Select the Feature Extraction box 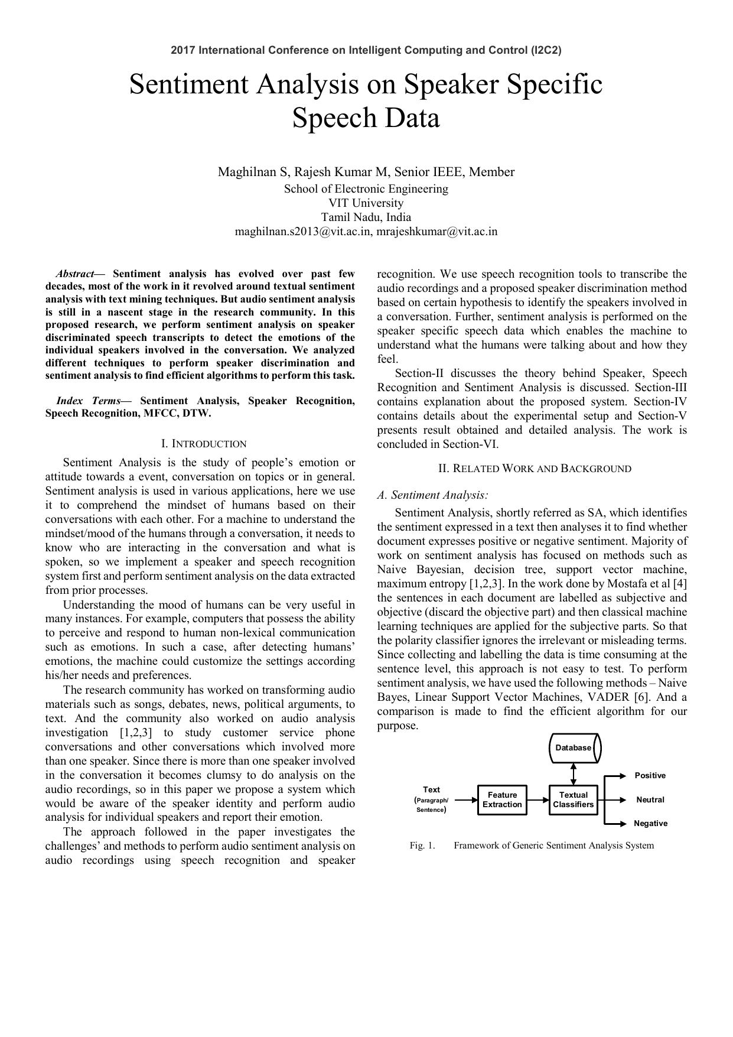tap(502, 800)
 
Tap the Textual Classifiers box tap(573, 800)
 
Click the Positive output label tap(650, 776)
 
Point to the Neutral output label tap(650, 800)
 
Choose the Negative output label tap(650, 824)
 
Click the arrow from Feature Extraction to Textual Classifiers tap(537, 800)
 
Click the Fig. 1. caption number tap(422, 846)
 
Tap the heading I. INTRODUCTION tap(204, 444)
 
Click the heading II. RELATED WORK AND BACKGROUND tap(535, 469)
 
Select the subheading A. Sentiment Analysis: tap(432, 495)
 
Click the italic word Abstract tap(75, 274)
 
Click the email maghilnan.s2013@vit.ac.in tap(303, 232)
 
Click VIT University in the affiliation tap(366, 203)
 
